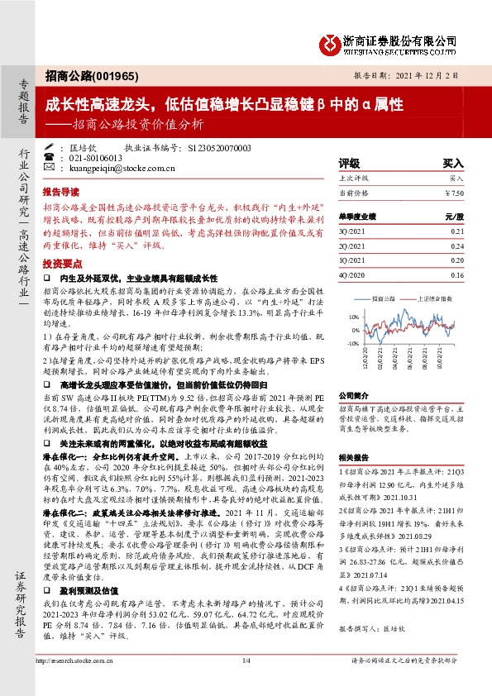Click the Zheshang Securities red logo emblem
(330, 41)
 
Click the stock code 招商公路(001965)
(80, 74)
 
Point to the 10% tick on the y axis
(354, 317)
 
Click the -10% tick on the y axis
(353, 342)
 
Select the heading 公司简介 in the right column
(354, 396)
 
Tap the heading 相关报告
(354, 455)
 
